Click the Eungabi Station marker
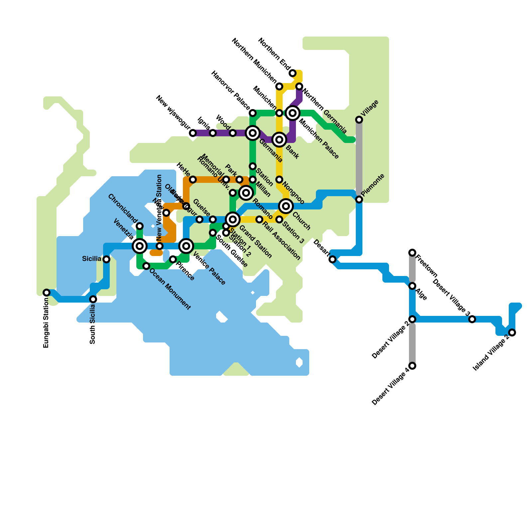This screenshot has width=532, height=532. pyautogui.click(x=47, y=293)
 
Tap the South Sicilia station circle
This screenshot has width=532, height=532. pyautogui.click(x=93, y=299)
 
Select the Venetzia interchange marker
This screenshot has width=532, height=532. pyautogui.click(x=140, y=246)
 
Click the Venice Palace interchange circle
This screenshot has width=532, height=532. pyautogui.click(x=186, y=246)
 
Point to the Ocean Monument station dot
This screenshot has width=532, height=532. pyautogui.click(x=146, y=266)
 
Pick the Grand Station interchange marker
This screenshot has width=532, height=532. pyautogui.click(x=233, y=219)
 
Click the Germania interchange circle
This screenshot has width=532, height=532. pyautogui.click(x=253, y=133)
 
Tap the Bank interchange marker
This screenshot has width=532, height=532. pyautogui.click(x=279, y=140)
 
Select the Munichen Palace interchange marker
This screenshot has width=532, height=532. pyautogui.click(x=293, y=113)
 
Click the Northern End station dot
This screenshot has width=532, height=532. pyautogui.click(x=293, y=73)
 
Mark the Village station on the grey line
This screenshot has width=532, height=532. pyautogui.click(x=359, y=120)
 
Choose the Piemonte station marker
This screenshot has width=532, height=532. pyautogui.click(x=359, y=199)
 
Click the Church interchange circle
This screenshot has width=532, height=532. pyautogui.click(x=286, y=206)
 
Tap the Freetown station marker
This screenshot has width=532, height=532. pyautogui.click(x=412, y=253)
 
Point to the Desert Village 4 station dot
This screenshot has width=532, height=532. pyautogui.click(x=412, y=366)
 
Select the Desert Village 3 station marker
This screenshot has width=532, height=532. pyautogui.click(x=472, y=319)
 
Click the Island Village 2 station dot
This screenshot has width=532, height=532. pyautogui.click(x=512, y=332)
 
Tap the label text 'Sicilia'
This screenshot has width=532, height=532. pyautogui.click(x=91, y=259)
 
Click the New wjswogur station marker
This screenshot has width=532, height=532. pyautogui.click(x=193, y=133)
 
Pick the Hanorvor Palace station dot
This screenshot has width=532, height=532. pyautogui.click(x=253, y=113)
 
